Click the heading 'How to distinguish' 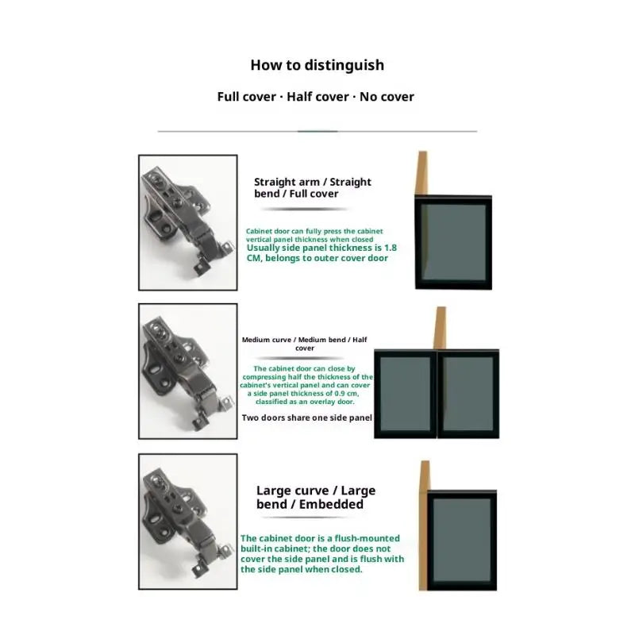[317, 65]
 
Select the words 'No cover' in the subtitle [387, 97]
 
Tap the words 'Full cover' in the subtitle [246, 97]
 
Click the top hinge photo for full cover [188, 222]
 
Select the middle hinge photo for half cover [188, 371]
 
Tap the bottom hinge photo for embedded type [188, 521]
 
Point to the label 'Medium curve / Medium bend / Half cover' [305, 344]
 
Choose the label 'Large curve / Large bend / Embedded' [315, 497]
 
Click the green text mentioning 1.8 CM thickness [321, 252]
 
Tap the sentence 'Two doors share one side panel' [306, 418]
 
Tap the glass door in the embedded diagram [462, 540]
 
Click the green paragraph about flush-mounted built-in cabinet [321, 553]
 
